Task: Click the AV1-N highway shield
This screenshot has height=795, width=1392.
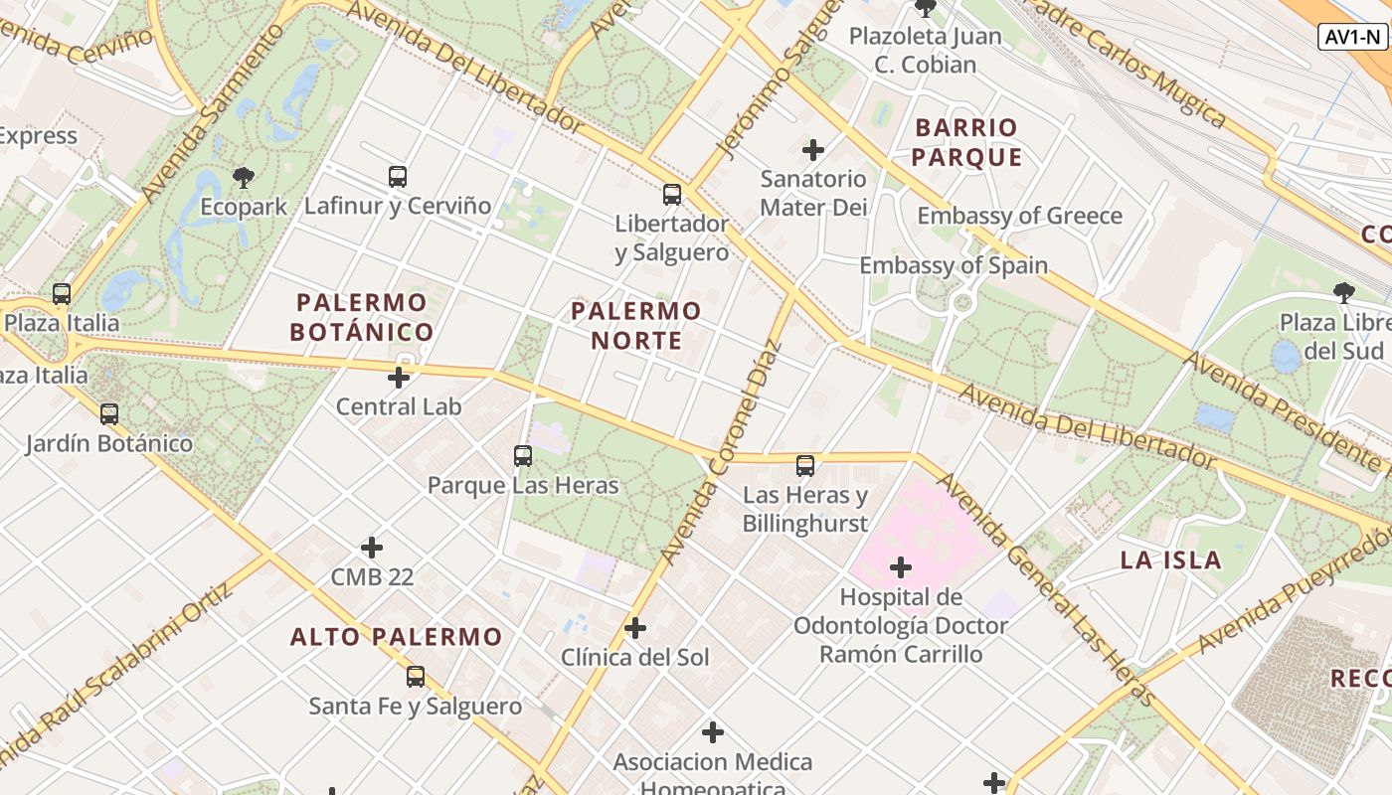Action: [1352, 38]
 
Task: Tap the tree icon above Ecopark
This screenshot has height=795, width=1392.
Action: [243, 178]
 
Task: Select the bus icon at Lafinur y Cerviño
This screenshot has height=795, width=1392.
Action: [398, 177]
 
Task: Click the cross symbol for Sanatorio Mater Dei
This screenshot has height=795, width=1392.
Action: [813, 150]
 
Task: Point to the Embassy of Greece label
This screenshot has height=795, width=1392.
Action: [1019, 216]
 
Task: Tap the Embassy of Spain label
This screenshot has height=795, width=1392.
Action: [954, 265]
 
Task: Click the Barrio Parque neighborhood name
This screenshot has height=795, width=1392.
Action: [966, 142]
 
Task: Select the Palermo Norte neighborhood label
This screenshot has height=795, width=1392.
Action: [636, 325]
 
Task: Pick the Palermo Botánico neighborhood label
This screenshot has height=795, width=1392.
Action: [362, 317]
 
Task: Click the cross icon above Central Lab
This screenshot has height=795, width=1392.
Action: [399, 378]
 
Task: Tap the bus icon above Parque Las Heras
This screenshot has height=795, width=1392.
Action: [523, 456]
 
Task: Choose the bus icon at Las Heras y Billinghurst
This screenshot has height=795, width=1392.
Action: [805, 465]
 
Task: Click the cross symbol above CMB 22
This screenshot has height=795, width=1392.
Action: [372, 548]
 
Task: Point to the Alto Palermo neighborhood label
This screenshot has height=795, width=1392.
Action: [397, 637]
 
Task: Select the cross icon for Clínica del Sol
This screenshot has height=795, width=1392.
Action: [635, 628]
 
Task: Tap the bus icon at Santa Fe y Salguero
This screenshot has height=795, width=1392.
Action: [416, 677]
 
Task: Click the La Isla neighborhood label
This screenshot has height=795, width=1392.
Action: [1171, 559]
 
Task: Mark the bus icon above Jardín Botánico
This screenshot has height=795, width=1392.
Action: [109, 413]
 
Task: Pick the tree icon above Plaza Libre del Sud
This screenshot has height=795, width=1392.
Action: [1344, 292]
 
